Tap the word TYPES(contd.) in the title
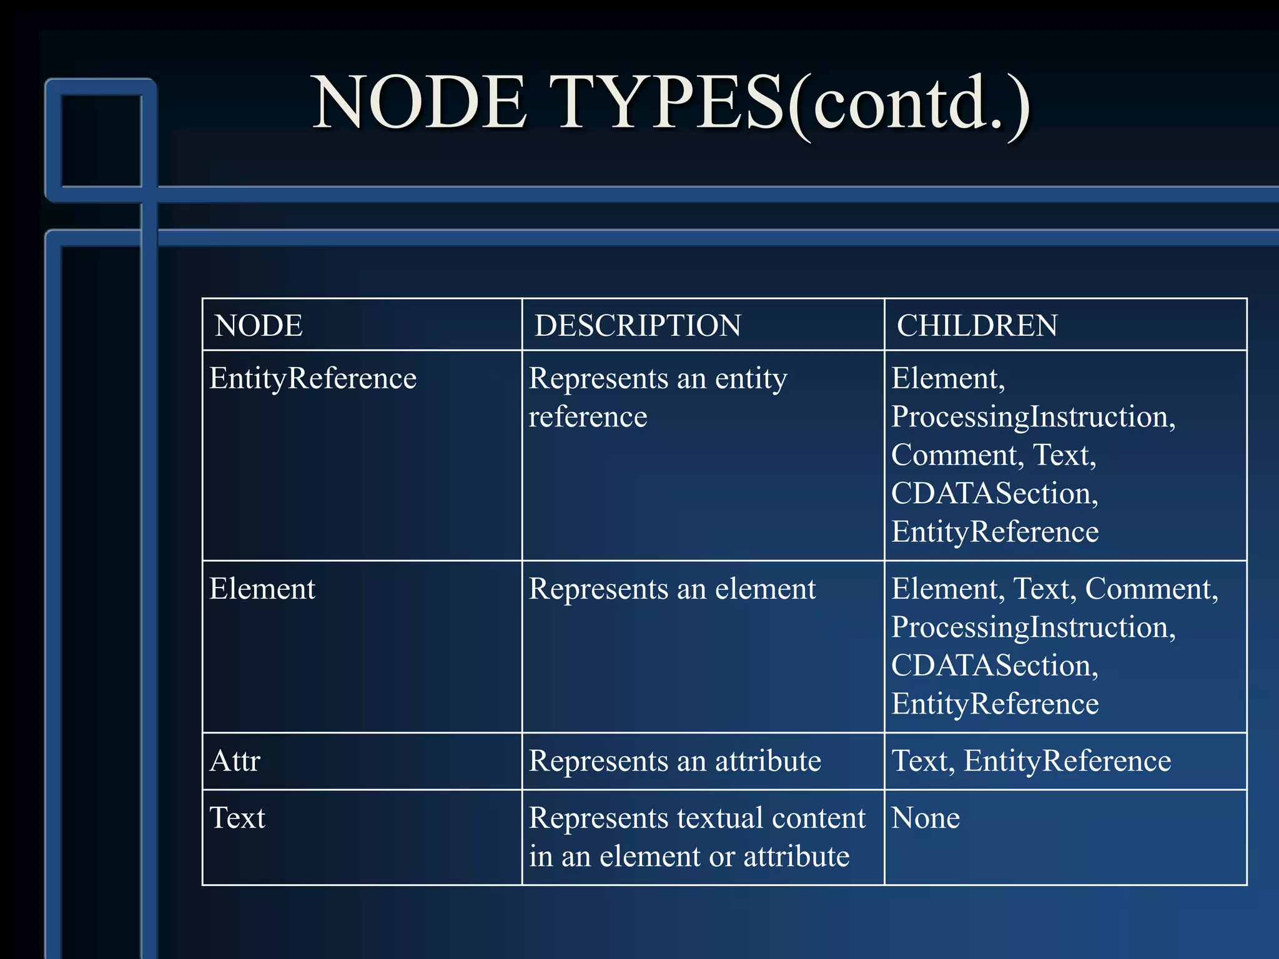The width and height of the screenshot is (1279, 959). [x=792, y=103]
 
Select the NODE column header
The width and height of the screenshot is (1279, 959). [x=259, y=325]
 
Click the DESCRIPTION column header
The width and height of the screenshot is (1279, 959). [x=638, y=325]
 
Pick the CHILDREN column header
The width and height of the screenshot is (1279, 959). [x=977, y=325]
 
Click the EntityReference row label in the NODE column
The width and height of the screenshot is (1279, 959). [x=312, y=378]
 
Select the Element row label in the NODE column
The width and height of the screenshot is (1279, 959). [x=262, y=589]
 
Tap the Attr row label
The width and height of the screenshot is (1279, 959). [x=235, y=761]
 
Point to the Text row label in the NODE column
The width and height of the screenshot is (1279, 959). [x=237, y=818]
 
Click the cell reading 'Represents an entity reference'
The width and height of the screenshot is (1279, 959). [x=658, y=397]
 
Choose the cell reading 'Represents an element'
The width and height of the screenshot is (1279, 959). [x=672, y=589]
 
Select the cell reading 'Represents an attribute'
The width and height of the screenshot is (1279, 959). [x=674, y=761]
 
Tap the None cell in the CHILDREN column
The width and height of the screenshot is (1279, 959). [x=925, y=818]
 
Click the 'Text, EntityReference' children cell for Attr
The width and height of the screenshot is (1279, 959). [x=1031, y=761]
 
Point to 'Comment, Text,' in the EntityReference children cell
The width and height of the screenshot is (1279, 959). [x=993, y=455]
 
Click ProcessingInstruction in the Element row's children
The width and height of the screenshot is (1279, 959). [x=1033, y=627]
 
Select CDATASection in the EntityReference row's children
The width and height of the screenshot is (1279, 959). [x=994, y=493]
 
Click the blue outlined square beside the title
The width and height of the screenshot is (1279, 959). [x=101, y=140]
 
